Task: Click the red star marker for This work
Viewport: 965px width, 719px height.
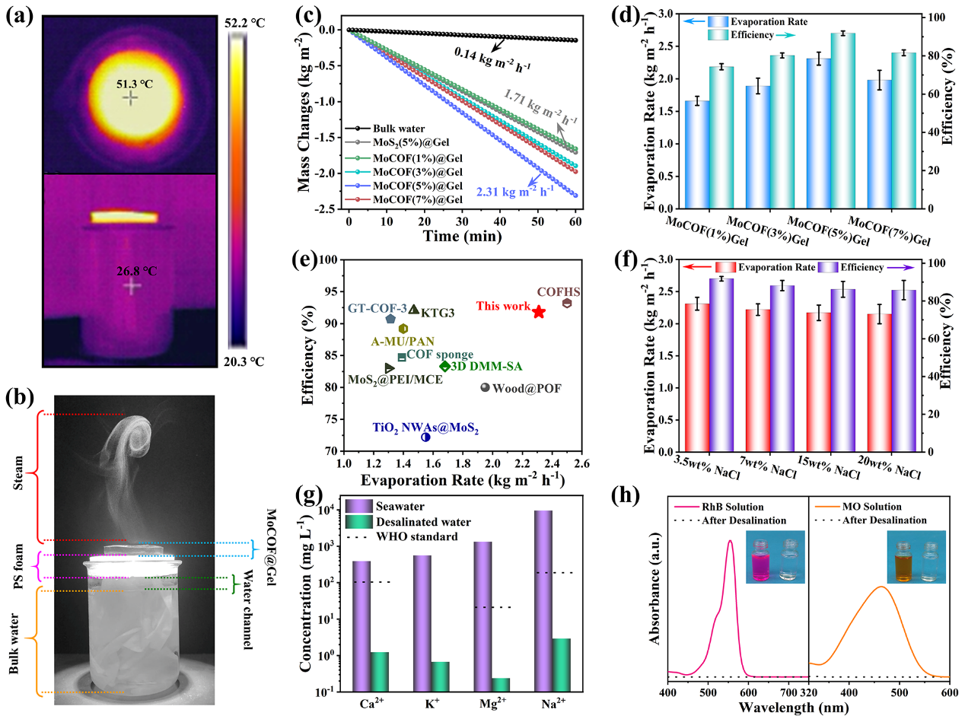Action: (539, 312)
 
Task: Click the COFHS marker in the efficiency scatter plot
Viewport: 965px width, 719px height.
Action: (567, 304)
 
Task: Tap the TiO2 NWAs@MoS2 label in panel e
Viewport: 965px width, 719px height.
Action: (425, 428)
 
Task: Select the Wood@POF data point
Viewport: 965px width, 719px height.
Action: (485, 387)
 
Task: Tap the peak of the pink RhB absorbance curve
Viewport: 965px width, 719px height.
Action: (730, 541)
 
